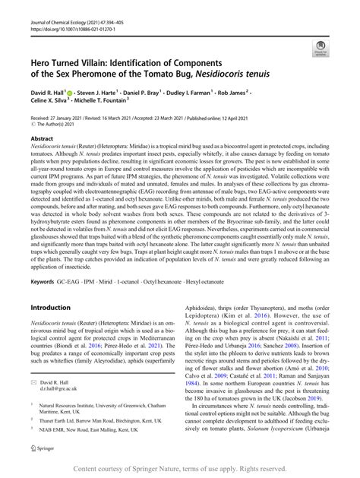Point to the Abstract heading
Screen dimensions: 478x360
click(42, 139)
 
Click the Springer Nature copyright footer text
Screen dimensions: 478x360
click(179, 470)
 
